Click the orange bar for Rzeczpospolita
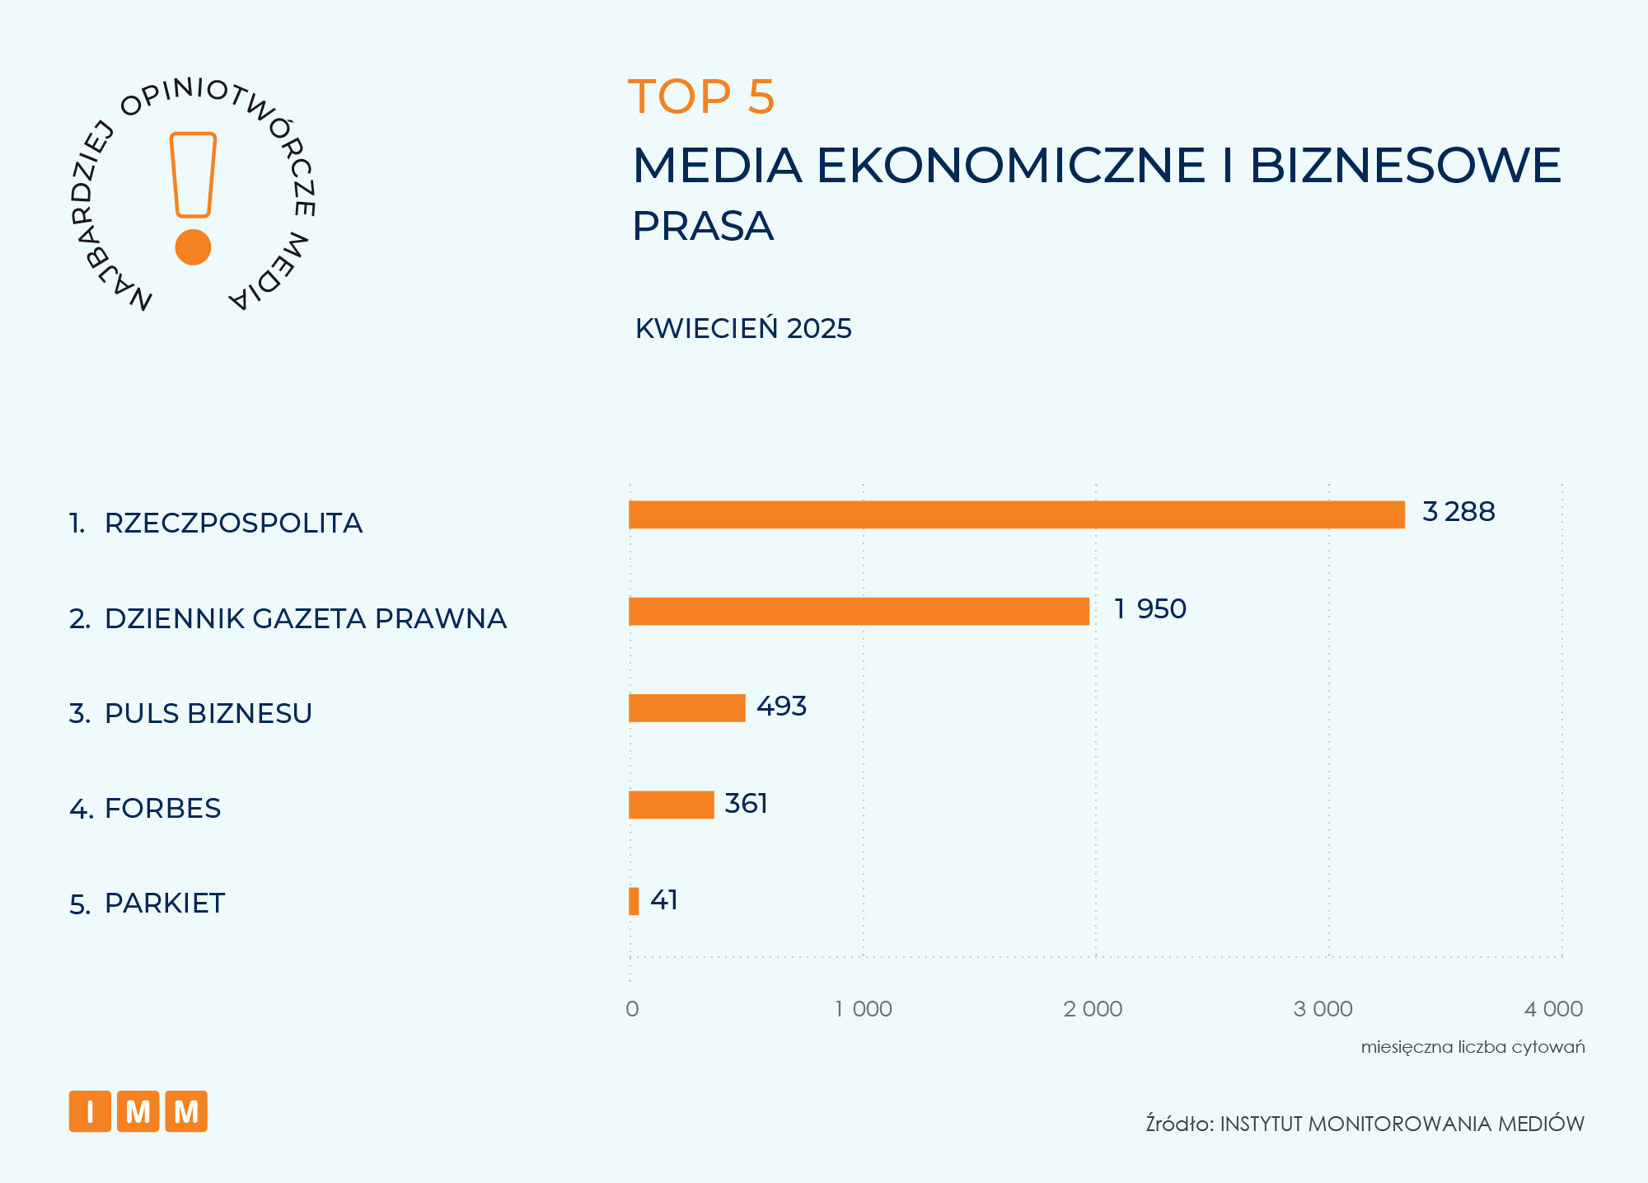tap(1016, 514)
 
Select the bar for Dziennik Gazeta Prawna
tap(859, 612)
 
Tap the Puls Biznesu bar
tap(686, 708)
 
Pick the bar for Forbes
tap(671, 805)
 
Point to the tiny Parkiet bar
tap(634, 901)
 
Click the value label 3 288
tap(1458, 512)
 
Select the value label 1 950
tap(1150, 609)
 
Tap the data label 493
tap(781, 707)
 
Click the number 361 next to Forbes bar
tap(746, 803)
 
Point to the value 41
tap(664, 900)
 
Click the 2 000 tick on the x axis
tap(1093, 1009)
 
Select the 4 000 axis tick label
tap(1553, 1009)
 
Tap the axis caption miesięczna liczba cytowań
tap(1472, 1047)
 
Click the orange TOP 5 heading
tap(701, 96)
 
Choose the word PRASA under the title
tap(703, 226)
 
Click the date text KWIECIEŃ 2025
tap(743, 328)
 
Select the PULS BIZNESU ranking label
tap(208, 714)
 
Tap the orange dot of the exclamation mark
tap(194, 246)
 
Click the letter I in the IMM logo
tap(90, 1111)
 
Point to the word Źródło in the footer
tap(1179, 1124)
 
